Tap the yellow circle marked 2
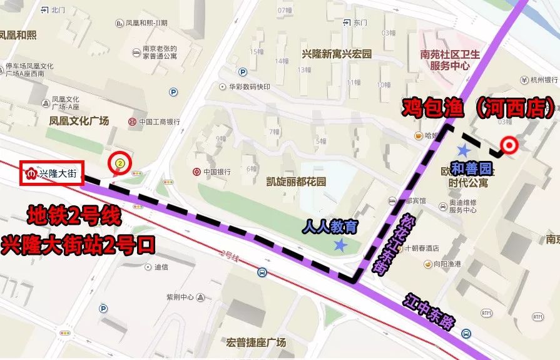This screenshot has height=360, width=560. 119,163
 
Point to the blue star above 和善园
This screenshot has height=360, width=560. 464,150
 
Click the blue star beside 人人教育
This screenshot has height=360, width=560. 340,245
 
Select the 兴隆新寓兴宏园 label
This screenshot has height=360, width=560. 337,54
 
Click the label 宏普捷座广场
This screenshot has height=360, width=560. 257,342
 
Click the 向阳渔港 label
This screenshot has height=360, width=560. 445,265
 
